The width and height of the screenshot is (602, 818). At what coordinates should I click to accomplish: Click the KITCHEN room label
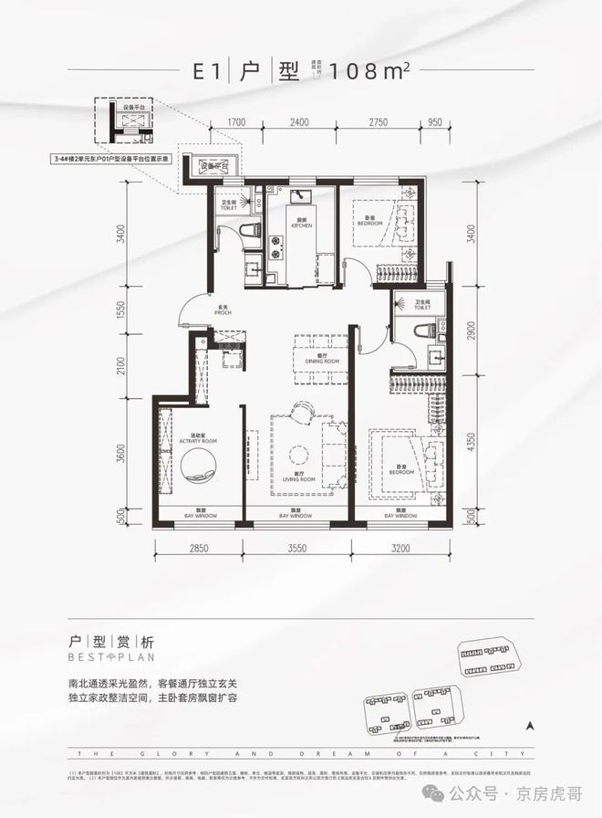pos(302,224)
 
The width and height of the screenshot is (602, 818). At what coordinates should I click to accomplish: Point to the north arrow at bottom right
pos(529,727)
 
